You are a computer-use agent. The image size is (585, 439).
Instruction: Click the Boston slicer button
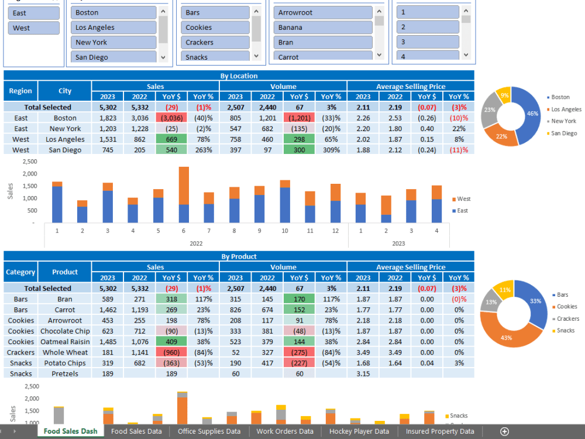coord(114,12)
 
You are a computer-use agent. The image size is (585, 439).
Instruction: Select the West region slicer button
coord(34,28)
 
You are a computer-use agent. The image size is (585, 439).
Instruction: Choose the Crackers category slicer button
coord(215,42)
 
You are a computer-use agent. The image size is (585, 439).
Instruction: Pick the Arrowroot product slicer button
coord(323,12)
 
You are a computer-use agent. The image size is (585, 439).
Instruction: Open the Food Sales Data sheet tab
coord(136,431)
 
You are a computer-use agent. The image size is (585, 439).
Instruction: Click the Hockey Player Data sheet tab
coord(359,431)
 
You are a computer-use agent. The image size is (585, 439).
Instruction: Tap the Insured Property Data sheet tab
coord(440,431)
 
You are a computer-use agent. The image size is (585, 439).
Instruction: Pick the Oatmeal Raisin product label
coord(65,342)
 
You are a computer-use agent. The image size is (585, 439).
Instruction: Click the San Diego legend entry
coord(563,133)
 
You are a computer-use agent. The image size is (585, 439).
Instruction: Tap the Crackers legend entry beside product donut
coord(567,319)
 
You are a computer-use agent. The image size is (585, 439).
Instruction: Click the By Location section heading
coord(238,76)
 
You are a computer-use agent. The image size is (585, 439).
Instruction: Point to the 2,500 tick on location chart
coord(29,162)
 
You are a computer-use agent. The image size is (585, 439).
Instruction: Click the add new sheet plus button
coord(504,431)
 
